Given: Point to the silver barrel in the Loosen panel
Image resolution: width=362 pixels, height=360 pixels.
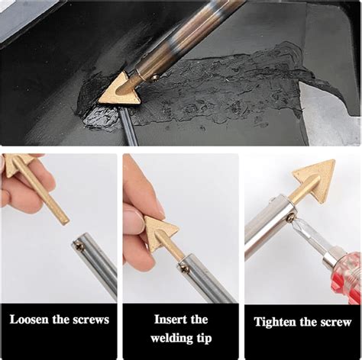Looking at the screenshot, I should coord(95,264).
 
